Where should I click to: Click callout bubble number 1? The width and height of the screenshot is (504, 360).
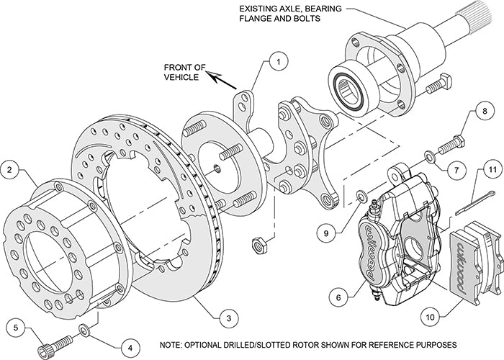tap(275, 63)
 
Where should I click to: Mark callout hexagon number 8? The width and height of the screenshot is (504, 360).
tap(484, 112)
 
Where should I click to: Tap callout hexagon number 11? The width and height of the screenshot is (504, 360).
tap(491, 170)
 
